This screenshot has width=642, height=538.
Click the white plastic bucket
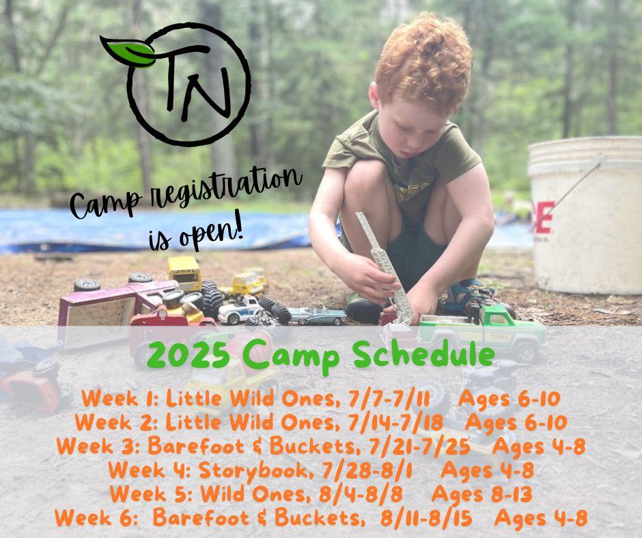(x=585, y=214)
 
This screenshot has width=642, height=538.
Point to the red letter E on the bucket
(x=543, y=217)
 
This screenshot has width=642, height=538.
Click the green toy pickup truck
(x=483, y=332)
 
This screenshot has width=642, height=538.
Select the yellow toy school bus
(x=184, y=273)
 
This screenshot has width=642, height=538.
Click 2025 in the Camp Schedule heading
(x=189, y=354)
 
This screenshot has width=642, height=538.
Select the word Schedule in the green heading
(x=423, y=354)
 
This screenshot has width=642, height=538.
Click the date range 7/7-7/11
(x=389, y=399)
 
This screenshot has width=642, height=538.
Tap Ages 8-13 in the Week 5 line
(x=482, y=494)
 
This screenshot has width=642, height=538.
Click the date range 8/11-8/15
(x=426, y=518)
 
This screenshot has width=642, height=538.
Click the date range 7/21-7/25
(x=419, y=447)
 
